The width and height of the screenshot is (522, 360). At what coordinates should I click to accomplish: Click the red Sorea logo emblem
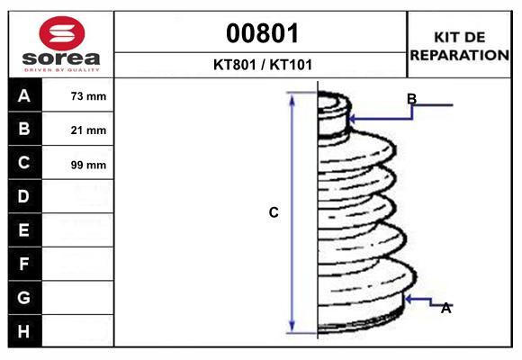tap(62, 33)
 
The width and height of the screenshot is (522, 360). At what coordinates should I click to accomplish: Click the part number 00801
tap(262, 33)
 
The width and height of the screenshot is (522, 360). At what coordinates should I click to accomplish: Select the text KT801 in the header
tap(235, 65)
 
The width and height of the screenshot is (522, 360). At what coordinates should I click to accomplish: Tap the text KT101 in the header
tap(291, 65)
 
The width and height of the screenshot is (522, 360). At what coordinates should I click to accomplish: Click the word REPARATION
tap(459, 55)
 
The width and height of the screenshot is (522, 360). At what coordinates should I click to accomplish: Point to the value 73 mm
tap(88, 96)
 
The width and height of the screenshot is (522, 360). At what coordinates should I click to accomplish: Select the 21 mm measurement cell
tap(88, 130)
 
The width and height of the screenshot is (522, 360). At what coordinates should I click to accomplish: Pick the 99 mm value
tap(88, 165)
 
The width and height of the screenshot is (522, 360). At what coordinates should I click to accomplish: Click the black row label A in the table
tap(25, 95)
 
